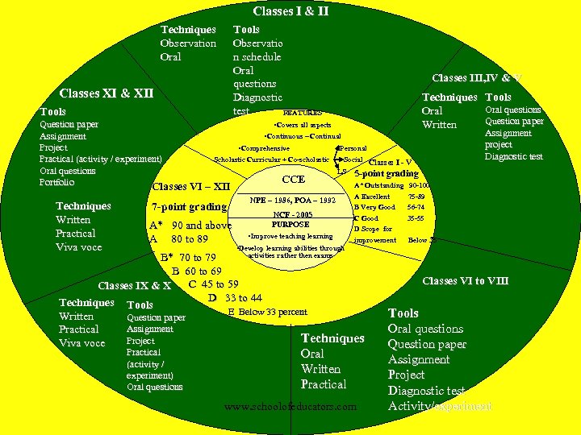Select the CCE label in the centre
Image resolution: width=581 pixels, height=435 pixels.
[293, 180]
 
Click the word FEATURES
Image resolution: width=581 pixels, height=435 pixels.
[303, 113]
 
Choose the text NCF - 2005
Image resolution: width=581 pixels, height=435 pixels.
[292, 214]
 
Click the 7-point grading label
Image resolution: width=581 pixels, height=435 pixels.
[189, 207]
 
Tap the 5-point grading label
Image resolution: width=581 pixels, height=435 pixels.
[387, 173]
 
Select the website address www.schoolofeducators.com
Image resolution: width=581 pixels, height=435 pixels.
[290, 407]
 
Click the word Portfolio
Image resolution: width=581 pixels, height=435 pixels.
[56, 182]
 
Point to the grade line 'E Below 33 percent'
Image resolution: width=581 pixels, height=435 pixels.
[267, 312]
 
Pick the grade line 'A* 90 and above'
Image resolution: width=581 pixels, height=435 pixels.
[190, 226]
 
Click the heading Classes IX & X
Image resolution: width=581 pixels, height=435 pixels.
[134, 286]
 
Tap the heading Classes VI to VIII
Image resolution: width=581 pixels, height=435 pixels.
[464, 281]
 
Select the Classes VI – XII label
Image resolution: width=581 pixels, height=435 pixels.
[190, 188]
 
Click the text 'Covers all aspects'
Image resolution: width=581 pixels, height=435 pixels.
[302, 126]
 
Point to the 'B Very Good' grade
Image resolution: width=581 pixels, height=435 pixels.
[375, 207]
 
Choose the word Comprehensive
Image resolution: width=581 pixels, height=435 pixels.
[265, 148]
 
